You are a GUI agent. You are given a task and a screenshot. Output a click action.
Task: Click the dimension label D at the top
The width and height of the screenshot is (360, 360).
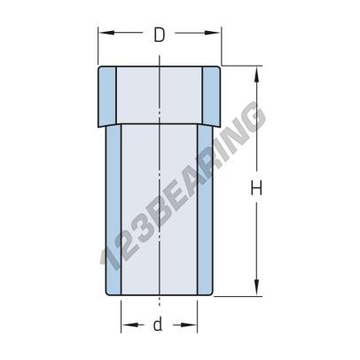coord(159,35)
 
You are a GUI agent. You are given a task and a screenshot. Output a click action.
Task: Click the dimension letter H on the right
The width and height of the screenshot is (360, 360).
coord(256,187)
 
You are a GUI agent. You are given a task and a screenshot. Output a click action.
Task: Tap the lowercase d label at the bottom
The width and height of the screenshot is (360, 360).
coord(158,324)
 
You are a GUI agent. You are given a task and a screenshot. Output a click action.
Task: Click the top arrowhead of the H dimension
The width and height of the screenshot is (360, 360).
coord(257,71)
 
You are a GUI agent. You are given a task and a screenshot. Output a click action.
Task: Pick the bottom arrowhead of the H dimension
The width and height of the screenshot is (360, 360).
coord(257,291)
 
